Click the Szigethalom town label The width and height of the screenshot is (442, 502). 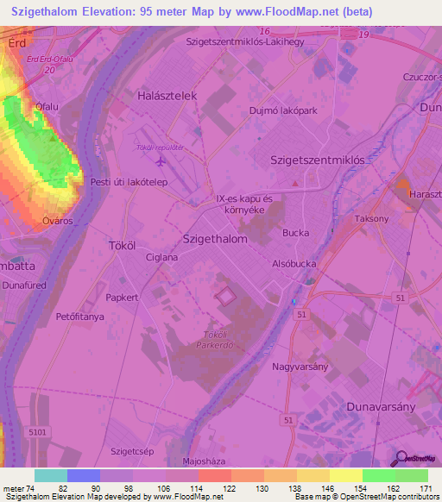tap(216, 239)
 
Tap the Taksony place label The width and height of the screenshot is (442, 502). tap(371, 219)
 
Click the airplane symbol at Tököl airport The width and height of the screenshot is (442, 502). tap(160, 160)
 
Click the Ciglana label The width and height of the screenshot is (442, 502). tap(161, 257)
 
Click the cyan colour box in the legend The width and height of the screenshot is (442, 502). tap(51, 475)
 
